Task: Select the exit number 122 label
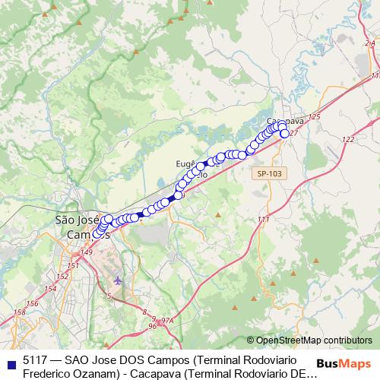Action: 348,140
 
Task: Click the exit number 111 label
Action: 264,220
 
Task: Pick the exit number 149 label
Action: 86,252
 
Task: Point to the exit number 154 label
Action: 50,289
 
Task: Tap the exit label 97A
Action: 169,321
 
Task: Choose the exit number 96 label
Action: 153,326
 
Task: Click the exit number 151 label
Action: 73,266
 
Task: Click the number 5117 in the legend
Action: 35,358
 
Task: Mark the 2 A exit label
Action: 371,44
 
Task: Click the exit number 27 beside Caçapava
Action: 295,134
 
